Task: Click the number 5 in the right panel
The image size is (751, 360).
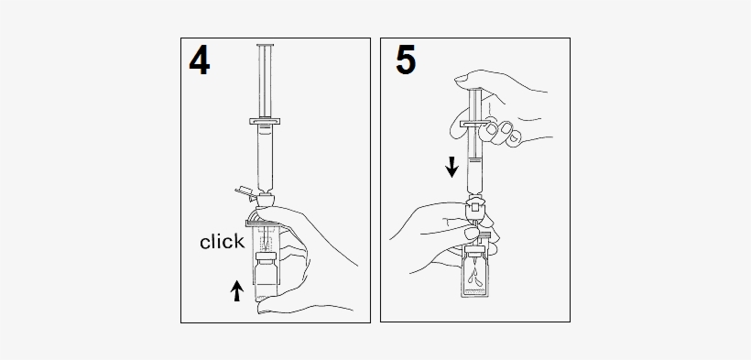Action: tap(404, 60)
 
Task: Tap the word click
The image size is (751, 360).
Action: tap(223, 242)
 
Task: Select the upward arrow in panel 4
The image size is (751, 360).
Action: tap(237, 290)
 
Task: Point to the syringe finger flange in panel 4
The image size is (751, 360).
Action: tap(266, 120)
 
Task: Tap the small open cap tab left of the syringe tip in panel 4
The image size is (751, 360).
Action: tap(242, 191)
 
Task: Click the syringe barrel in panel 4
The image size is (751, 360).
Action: tap(266, 156)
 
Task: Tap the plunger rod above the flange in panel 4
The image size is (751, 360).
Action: tap(266, 82)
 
